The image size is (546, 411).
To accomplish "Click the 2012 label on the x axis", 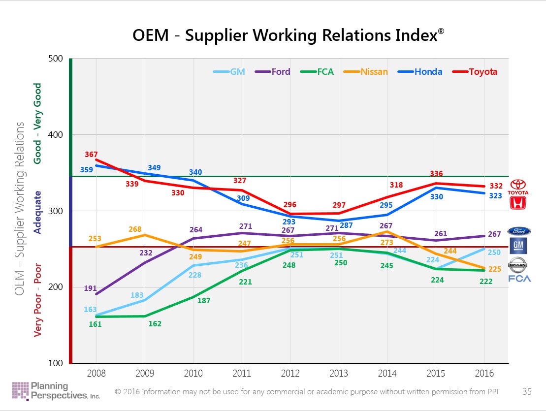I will (x=289, y=373).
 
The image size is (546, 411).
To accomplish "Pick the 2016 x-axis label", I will (x=483, y=373).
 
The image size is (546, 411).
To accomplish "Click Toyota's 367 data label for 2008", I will (x=91, y=154).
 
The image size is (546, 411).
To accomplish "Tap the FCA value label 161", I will (x=95, y=324).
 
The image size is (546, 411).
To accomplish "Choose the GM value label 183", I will (x=137, y=295).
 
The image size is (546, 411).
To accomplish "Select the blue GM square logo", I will (x=519, y=245).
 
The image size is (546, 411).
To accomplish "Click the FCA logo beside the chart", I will (x=519, y=279).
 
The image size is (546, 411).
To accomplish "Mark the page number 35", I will (x=527, y=392).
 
